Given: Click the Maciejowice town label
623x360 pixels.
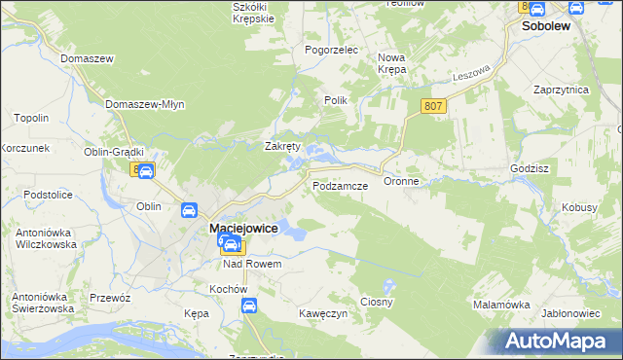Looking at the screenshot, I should [244, 228].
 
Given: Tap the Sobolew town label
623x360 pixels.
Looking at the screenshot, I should [546, 28].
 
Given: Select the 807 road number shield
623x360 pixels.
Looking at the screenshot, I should [434, 106].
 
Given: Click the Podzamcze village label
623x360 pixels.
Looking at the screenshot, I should [340, 185].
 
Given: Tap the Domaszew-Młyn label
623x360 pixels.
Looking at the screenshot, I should [144, 104].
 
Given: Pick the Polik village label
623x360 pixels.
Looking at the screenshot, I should [335, 100].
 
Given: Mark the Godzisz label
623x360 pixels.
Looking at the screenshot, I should [530, 168].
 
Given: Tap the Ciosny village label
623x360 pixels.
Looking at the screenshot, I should [377, 302].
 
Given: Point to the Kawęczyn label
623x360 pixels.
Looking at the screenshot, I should [323, 313].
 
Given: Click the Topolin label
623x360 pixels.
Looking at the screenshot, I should [31, 118].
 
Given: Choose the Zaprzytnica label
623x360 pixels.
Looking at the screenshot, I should [562, 89].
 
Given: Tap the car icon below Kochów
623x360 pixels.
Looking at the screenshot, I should [249, 306].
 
